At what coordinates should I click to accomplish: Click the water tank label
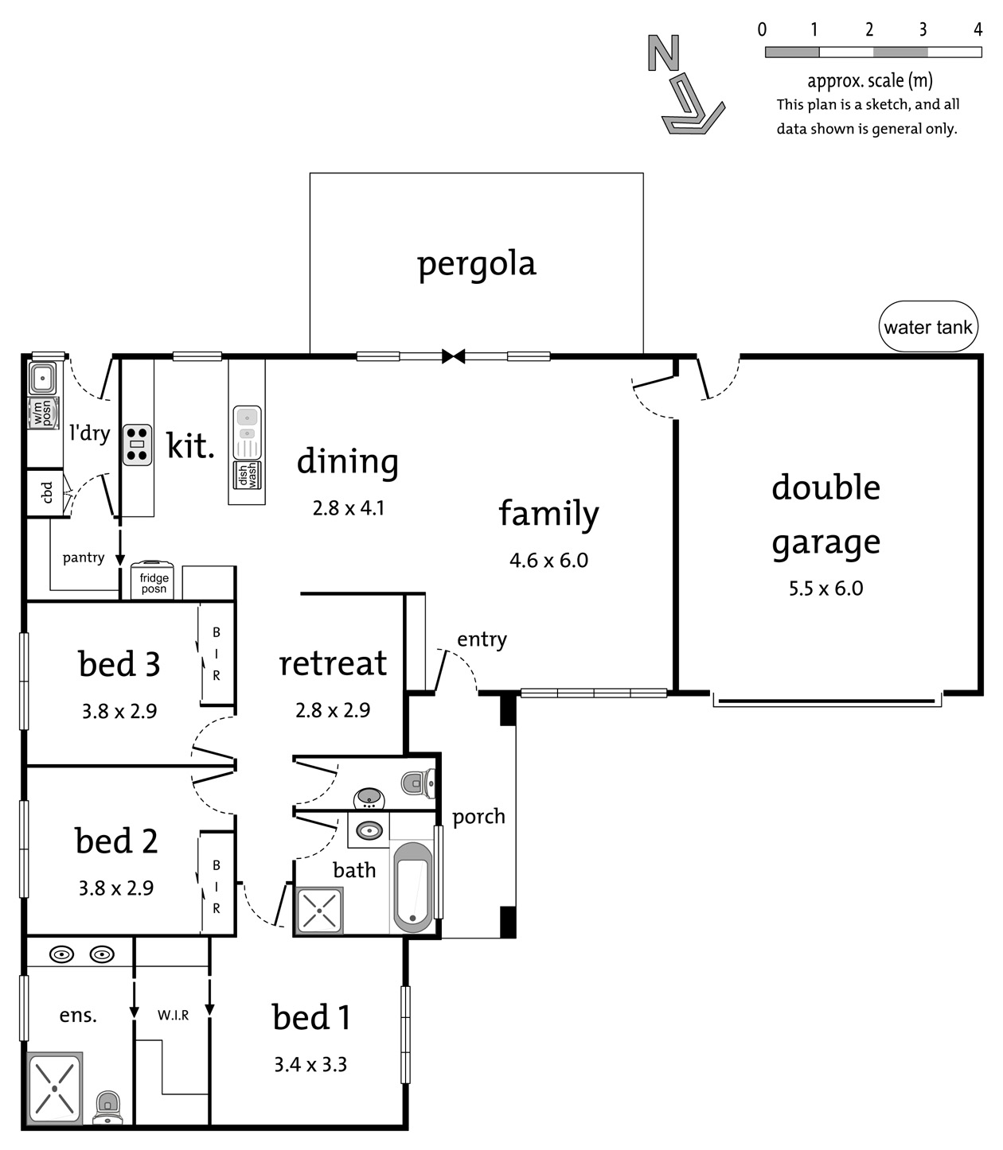[927, 327]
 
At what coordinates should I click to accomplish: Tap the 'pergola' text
[477, 264]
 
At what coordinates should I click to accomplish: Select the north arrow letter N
[664, 52]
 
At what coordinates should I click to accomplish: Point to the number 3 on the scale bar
[923, 29]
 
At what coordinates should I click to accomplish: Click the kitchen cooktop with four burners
[137, 445]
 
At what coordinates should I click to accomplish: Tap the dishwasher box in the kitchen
[248, 475]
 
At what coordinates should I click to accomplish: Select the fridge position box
[153, 581]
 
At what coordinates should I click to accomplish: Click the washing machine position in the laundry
[43, 413]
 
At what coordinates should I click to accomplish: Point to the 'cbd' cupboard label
[47, 492]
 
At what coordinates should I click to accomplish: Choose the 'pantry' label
[84, 558]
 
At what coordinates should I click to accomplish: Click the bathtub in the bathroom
[413, 887]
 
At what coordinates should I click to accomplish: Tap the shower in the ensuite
[55, 1089]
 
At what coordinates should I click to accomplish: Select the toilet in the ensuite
[108, 1109]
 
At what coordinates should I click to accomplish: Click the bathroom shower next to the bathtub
[319, 910]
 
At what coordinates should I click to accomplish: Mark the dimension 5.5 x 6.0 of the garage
[825, 589]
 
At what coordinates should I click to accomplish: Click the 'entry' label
[482, 639]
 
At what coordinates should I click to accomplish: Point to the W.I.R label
[173, 1015]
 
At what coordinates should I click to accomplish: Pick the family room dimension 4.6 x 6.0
[548, 561]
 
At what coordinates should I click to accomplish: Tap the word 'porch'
[478, 818]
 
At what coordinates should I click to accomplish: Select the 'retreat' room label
[333, 663]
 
